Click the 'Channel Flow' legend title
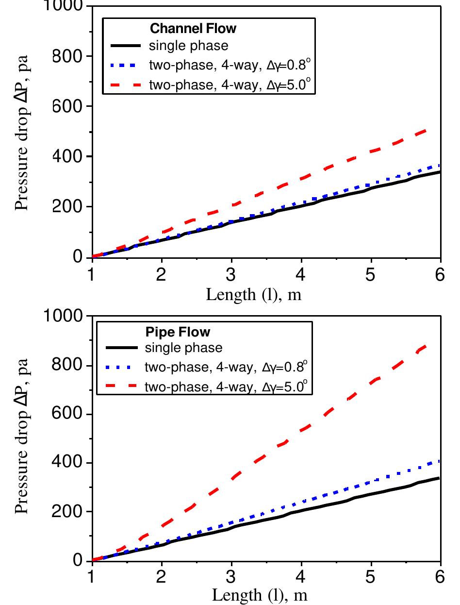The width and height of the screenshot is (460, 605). [x=193, y=28]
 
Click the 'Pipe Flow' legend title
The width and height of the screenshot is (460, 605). [x=178, y=333]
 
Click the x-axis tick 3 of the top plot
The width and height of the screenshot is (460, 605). [x=231, y=275]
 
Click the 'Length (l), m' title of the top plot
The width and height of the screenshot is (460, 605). [x=254, y=294]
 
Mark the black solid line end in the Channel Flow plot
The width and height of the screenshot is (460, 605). [x=439, y=172]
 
